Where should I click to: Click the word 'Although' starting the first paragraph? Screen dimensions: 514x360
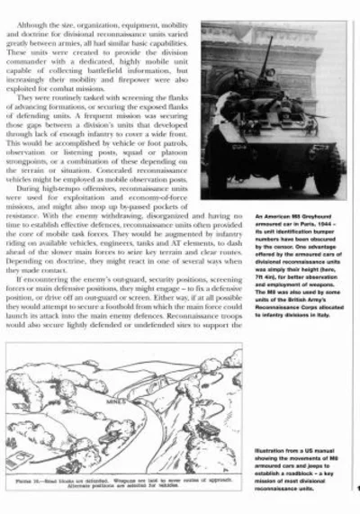(x=44, y=15)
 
